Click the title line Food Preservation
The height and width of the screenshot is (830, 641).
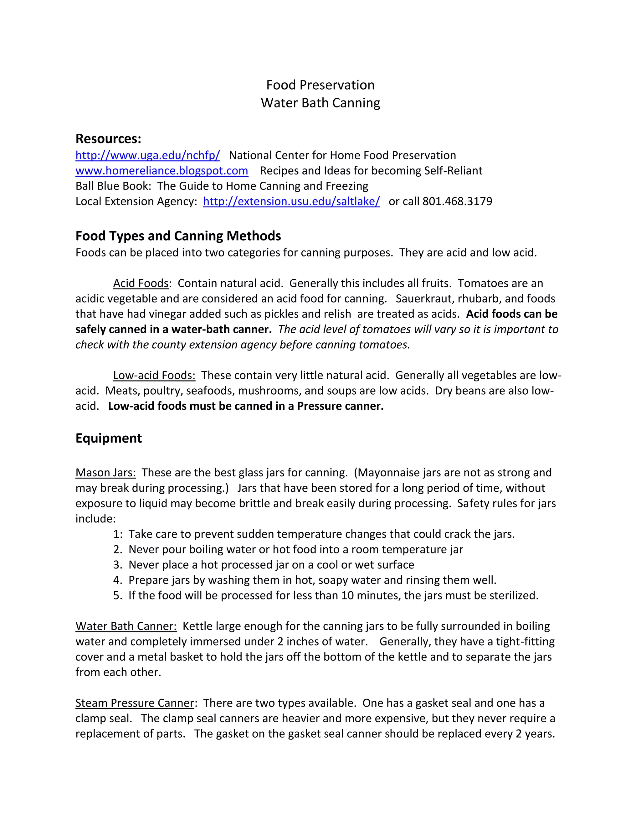[320, 85]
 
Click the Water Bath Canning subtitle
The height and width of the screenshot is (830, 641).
[320, 103]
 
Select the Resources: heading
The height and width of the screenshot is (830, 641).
[108, 139]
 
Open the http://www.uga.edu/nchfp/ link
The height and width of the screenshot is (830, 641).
[148, 155]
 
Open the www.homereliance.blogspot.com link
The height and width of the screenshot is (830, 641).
[162, 171]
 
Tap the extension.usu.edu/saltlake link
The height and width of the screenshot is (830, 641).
[291, 201]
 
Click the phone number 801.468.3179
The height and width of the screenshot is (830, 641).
[457, 201]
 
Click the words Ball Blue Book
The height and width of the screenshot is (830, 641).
[113, 186]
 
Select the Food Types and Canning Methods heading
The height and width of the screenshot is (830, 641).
[178, 236]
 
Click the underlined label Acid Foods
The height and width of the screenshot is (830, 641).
[141, 283]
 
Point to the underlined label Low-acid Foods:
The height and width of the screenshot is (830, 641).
[154, 375]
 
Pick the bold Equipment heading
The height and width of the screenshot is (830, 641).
[109, 438]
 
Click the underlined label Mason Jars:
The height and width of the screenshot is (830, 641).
[105, 472]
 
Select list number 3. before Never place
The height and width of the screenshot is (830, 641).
[118, 564]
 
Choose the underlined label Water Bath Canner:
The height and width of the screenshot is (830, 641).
[126, 626]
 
